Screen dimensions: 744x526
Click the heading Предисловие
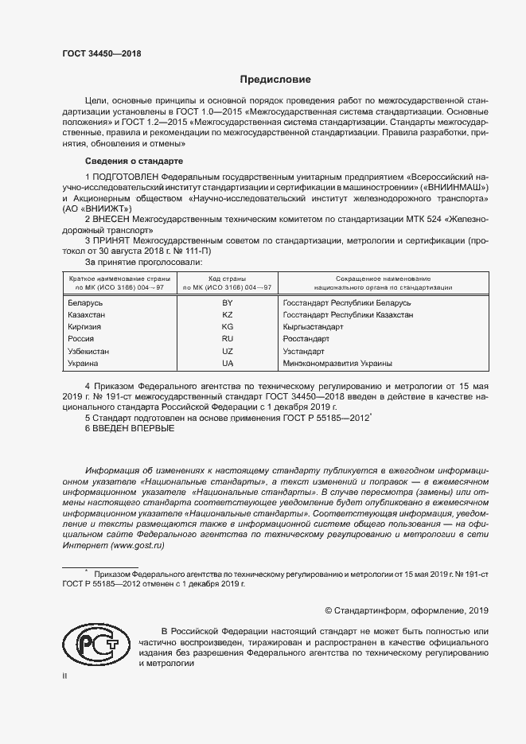coord(276,80)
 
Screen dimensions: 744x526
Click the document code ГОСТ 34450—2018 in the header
coord(101,53)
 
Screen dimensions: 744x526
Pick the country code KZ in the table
coord(228,316)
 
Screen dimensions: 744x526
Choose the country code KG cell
coord(228,327)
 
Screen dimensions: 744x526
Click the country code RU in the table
coord(228,339)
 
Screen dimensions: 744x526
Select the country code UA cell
coord(228,363)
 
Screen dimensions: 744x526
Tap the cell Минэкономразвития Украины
coord(337,363)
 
